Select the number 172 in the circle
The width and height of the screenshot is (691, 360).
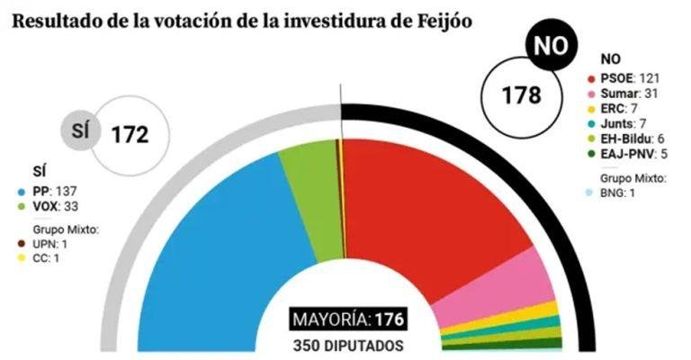click(x=129, y=135)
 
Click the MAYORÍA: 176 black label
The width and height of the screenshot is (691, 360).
click(x=348, y=320)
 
